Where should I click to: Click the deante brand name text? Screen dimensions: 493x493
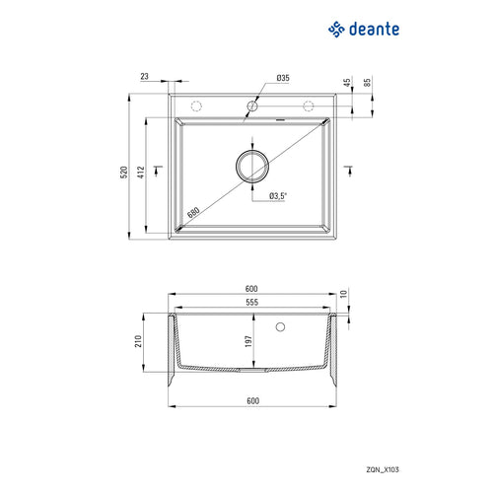click(374, 29)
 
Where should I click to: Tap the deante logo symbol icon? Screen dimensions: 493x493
click(336, 30)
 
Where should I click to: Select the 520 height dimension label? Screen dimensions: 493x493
click(124, 173)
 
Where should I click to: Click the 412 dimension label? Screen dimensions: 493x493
click(141, 173)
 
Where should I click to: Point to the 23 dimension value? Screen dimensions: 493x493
click(144, 76)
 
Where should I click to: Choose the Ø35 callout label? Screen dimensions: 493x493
click(283, 78)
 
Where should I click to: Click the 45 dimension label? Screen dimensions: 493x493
click(347, 83)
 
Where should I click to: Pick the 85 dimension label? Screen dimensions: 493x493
click(367, 82)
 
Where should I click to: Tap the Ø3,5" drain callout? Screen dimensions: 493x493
click(278, 196)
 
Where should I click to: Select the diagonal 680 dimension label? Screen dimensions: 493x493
click(193, 213)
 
